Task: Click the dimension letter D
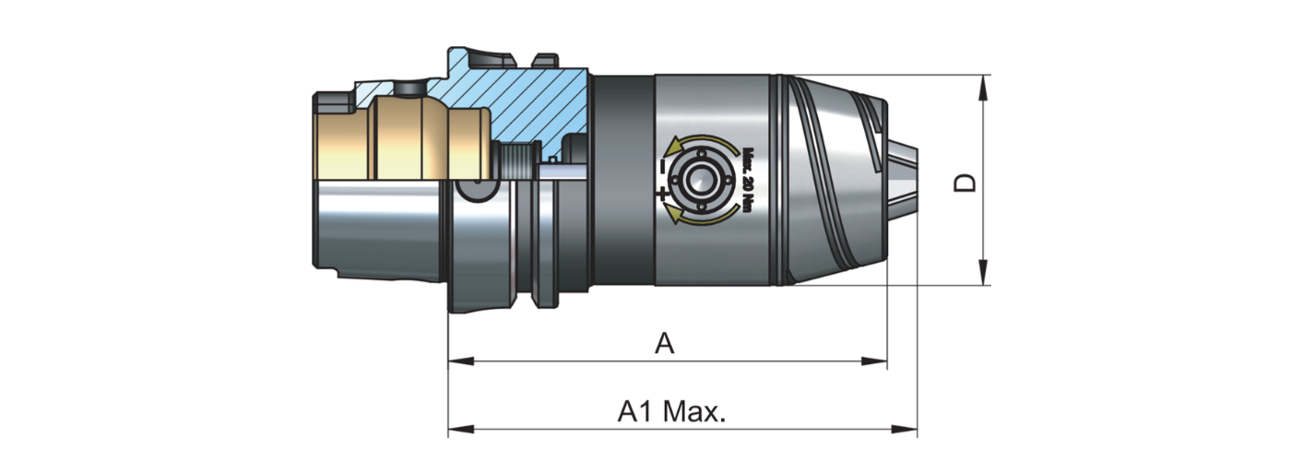(x=965, y=182)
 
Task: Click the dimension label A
(x=665, y=344)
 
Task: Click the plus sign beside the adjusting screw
(x=661, y=194)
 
